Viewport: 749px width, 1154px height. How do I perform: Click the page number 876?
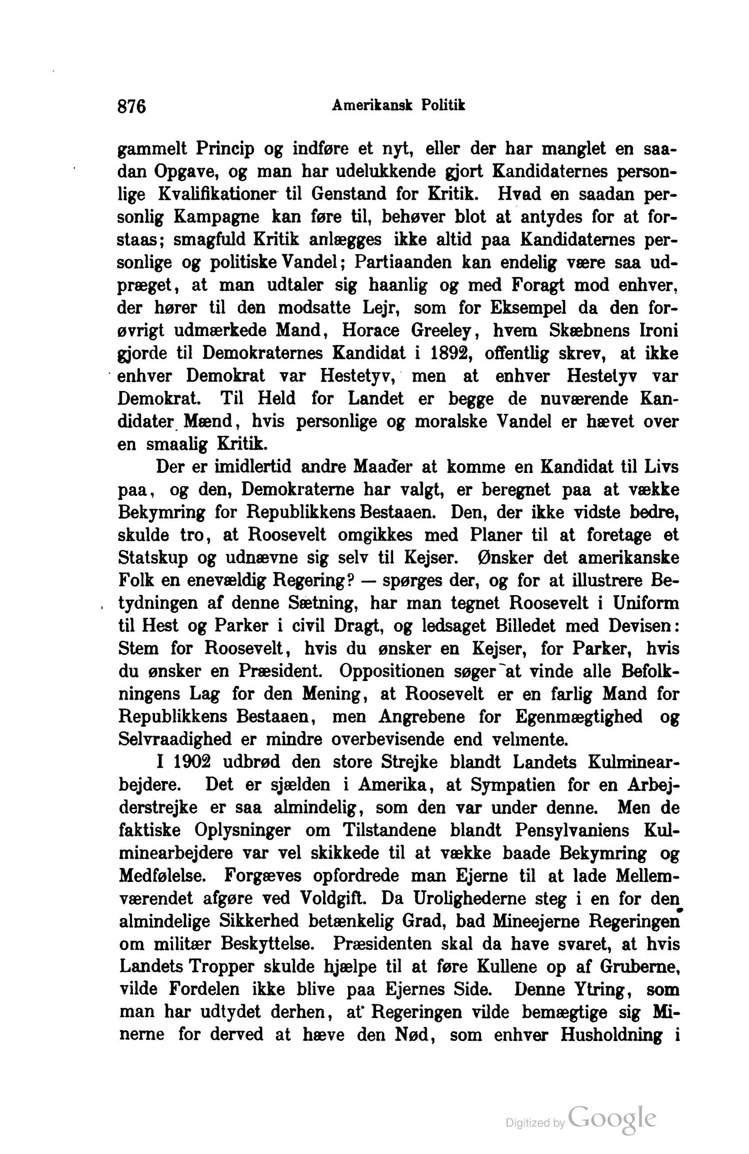pos(131,106)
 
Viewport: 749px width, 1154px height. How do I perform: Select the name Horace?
pos(371,331)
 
